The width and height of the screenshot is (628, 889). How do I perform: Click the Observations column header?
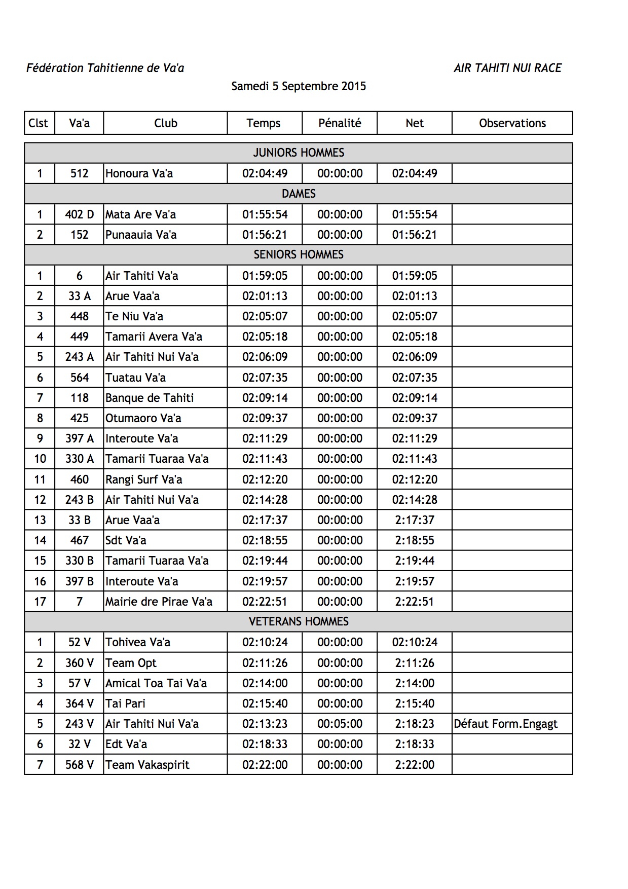(512, 123)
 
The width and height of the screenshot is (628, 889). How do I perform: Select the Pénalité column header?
(340, 123)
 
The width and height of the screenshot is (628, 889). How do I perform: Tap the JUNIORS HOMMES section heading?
(299, 153)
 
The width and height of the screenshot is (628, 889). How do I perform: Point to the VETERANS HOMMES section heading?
(299, 621)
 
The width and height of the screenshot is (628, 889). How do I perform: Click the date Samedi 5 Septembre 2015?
(299, 86)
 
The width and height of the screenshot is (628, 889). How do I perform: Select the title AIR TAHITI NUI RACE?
(507, 68)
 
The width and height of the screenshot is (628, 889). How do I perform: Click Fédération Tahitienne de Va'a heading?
(105, 68)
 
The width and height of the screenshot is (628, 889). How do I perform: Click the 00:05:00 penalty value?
(340, 724)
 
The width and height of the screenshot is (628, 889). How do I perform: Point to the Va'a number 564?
(80, 378)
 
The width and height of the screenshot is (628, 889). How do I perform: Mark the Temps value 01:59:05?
(265, 276)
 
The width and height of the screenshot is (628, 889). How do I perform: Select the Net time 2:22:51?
(415, 602)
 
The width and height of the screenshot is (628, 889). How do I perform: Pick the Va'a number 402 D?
(80, 214)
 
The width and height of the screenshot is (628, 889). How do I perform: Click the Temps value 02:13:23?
(265, 724)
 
